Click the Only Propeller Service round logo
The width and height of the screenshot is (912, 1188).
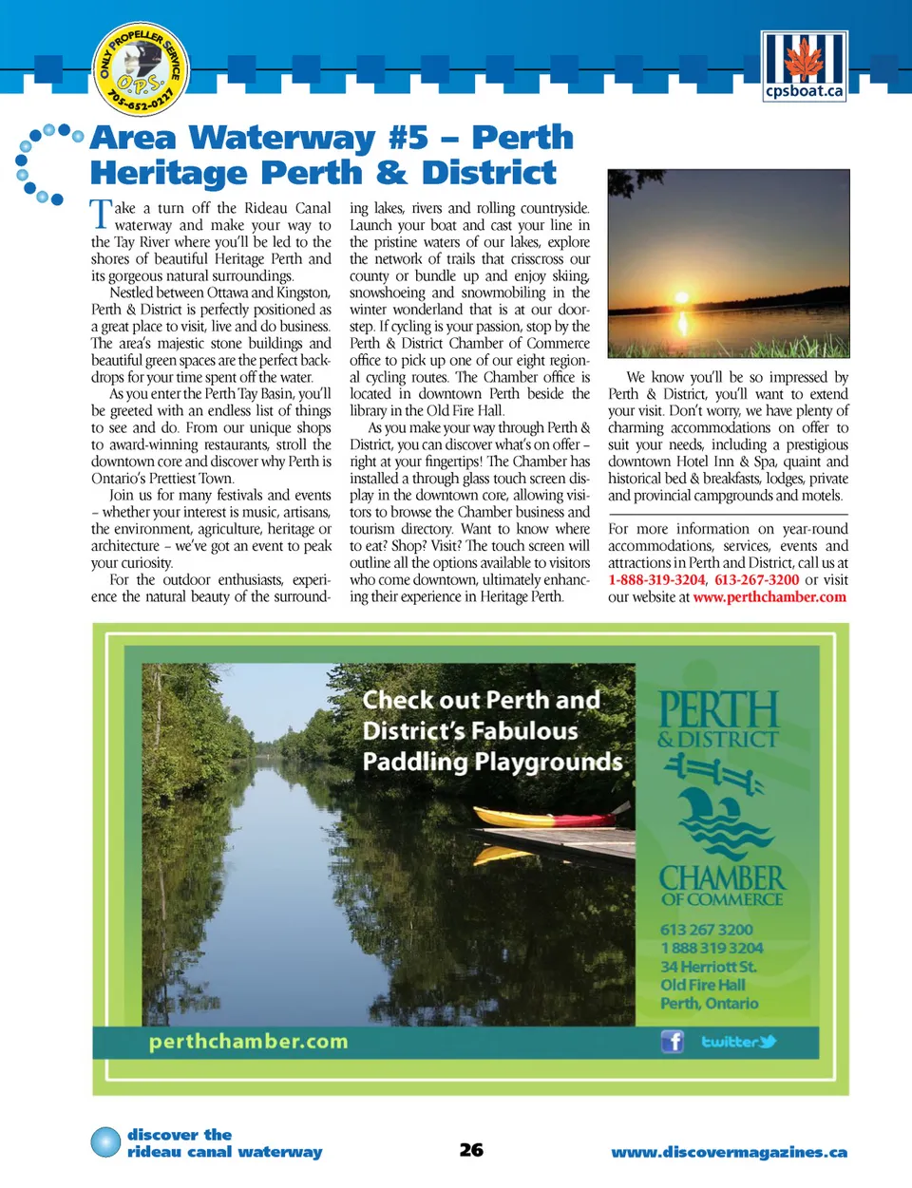(142, 69)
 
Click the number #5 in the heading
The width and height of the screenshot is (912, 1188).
(408, 138)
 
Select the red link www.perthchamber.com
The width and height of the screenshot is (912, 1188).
(769, 597)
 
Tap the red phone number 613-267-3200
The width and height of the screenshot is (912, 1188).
(757, 580)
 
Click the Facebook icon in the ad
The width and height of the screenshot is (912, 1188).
(673, 1042)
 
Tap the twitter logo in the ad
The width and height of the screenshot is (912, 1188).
(739, 1042)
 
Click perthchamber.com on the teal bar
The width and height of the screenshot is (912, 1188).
(248, 1042)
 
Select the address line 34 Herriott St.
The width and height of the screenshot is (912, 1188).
(709, 967)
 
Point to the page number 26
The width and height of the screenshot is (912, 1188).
(471, 1150)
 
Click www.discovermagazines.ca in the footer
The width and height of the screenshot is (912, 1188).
(729, 1152)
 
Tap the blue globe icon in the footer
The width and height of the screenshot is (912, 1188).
(105, 1142)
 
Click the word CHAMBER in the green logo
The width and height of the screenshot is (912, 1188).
(722, 877)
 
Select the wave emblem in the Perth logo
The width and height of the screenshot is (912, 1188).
(722, 817)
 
